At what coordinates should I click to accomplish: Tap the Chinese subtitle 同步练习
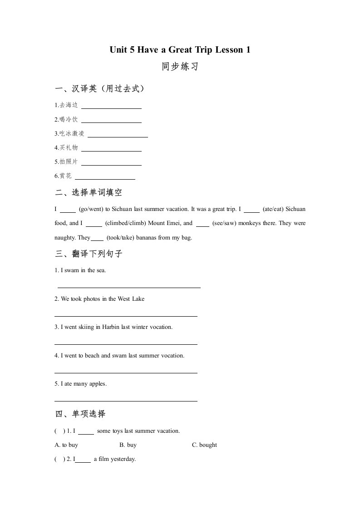point(180,67)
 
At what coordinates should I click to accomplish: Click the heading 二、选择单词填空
point(89,192)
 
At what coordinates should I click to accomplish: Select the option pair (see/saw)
point(227,223)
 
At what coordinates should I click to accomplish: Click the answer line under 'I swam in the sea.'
point(129,287)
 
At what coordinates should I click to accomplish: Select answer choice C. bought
point(204,445)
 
